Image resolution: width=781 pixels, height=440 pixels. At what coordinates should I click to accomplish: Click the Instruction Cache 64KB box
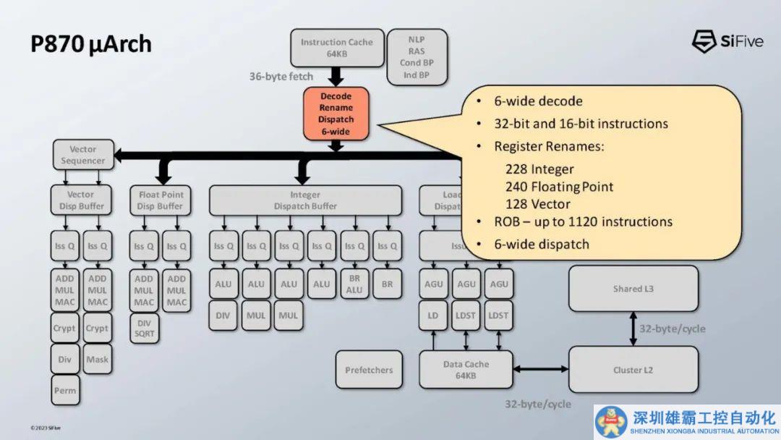336,48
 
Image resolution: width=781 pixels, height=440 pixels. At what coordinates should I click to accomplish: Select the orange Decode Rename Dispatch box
336,114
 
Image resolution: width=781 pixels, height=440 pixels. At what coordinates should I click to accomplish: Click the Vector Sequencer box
83,155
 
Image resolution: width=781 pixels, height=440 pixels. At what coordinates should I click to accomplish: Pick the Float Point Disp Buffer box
161,200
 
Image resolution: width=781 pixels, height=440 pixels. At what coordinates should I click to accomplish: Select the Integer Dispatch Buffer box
305,200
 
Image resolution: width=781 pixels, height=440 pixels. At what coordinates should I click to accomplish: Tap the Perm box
64,391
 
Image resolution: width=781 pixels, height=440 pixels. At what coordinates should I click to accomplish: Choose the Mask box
97,359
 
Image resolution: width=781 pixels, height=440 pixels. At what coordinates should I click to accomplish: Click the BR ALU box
354,284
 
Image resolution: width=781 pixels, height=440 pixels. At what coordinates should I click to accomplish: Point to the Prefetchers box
369,370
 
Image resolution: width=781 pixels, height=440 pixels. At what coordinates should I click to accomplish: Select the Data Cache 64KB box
466,370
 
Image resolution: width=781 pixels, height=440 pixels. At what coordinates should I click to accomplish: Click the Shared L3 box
633,289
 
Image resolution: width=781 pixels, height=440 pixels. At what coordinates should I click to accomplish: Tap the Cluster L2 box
633,370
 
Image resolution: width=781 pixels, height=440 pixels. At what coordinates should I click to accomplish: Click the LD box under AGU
433,316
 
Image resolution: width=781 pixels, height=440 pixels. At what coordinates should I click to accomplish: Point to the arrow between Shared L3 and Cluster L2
633,329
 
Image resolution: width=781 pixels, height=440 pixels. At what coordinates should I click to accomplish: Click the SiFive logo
727,41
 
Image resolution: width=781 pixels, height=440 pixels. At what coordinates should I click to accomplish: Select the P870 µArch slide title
91,44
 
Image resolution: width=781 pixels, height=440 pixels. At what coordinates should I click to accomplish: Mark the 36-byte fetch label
281,77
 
